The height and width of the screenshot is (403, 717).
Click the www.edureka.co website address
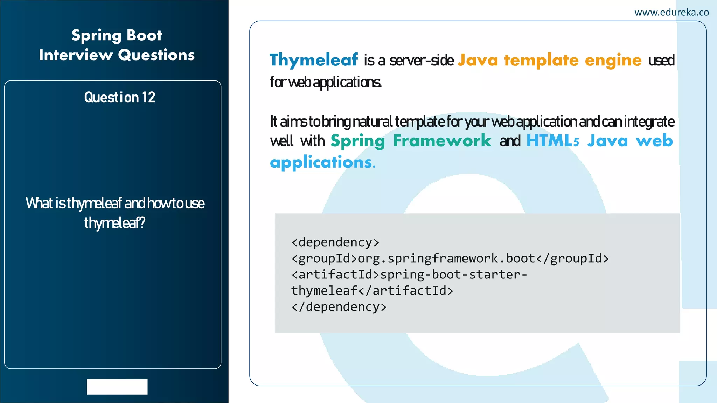[671, 13]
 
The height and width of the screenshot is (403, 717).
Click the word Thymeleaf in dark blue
[314, 60]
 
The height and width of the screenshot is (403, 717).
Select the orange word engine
[613, 61]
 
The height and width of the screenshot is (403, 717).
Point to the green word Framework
[442, 141]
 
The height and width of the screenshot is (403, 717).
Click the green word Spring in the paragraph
[357, 141]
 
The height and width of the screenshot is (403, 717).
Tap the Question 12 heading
[119, 98]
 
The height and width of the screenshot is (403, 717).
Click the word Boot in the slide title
[144, 35]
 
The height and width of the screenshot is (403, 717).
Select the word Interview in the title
[76, 55]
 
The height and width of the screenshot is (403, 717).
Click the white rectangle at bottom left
[117, 387]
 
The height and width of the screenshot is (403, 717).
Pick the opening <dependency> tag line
[335, 242]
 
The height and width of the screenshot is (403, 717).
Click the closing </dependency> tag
[339, 307]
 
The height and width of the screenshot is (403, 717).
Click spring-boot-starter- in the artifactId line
[454, 275]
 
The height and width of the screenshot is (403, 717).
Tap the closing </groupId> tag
[572, 259]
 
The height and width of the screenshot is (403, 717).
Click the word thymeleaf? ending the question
[114, 223]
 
